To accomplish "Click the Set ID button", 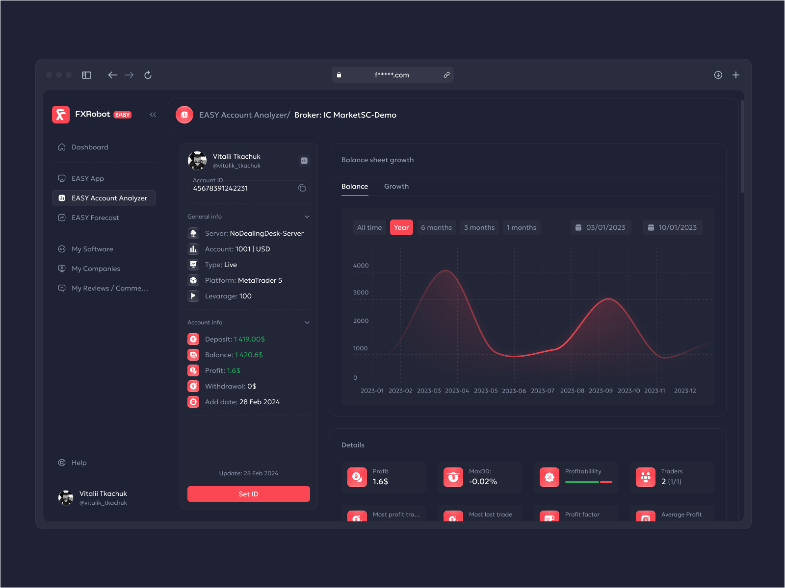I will [x=248, y=494].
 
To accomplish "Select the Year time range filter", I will [x=401, y=227].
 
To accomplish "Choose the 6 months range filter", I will [x=436, y=227].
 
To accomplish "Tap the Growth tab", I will [x=396, y=186].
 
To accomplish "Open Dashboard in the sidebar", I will [x=90, y=147].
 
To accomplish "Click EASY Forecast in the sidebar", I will [x=95, y=218].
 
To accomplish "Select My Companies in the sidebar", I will [x=96, y=269].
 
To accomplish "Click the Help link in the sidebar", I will [x=79, y=463].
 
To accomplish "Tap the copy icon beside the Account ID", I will [x=302, y=188].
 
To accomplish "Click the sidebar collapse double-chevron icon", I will [x=153, y=115].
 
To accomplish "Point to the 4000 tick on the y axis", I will [x=361, y=266].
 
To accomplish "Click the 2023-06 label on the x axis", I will [x=514, y=391].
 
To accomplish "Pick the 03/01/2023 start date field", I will [x=601, y=227].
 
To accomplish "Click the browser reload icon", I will [x=148, y=75].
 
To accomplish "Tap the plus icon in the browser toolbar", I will [x=736, y=75].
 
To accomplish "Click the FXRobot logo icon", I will [x=61, y=115].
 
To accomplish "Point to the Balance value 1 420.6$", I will [x=249, y=355].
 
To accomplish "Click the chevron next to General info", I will [x=307, y=217].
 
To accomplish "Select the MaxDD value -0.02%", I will [x=483, y=482].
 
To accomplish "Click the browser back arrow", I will [x=112, y=75].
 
